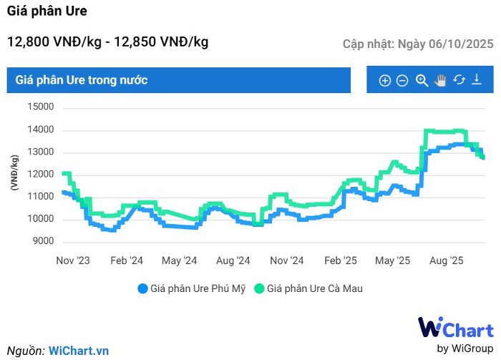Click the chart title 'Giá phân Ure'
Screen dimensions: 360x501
47,11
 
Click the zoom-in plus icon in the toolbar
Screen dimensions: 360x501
384,81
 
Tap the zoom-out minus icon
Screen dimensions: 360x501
402,81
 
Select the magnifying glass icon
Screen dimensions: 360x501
422,81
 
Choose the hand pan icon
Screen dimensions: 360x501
440,81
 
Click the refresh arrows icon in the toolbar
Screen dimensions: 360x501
459,81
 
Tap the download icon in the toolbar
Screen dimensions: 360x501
477,81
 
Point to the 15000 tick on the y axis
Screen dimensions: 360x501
42,107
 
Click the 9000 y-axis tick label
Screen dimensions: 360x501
44,241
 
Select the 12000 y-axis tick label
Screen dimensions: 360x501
42,175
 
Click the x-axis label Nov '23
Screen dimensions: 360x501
74,261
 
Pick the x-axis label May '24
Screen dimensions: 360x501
180,261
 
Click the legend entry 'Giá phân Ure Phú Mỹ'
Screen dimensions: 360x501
191,288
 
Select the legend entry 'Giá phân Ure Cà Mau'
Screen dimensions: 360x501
308,288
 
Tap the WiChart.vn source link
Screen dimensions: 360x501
79,351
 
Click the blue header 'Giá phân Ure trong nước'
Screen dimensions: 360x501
82,80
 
